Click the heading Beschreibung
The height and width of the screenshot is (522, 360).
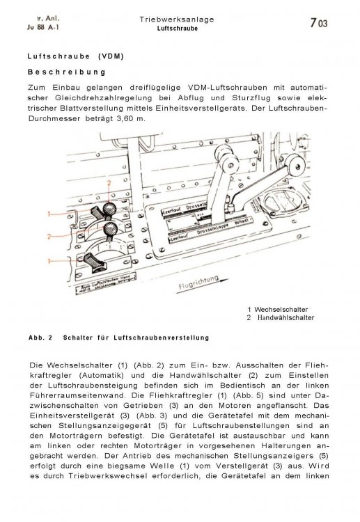(66, 72)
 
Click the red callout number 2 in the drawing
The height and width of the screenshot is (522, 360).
(109, 183)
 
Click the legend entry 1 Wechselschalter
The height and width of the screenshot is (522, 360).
(277, 308)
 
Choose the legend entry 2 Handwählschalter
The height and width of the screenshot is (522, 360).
(280, 317)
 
